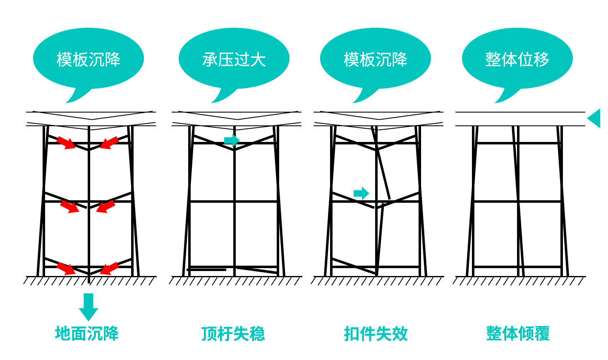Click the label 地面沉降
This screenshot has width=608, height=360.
(x=87, y=334)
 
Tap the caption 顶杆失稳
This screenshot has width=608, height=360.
(x=233, y=334)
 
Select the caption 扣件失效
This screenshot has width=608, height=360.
(x=376, y=334)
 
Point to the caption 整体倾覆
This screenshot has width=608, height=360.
(x=518, y=334)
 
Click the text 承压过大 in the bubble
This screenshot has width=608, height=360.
(x=234, y=60)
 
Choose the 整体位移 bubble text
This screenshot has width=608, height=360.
(x=517, y=60)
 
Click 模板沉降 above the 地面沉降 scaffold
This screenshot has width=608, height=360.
(x=89, y=60)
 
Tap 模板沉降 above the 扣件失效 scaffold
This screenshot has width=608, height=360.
(x=376, y=60)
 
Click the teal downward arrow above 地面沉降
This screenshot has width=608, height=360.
(x=89, y=307)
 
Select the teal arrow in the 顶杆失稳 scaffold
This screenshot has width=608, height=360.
(x=232, y=140)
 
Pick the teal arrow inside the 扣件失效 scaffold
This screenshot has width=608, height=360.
(x=361, y=193)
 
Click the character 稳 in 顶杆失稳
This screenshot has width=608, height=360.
(x=257, y=334)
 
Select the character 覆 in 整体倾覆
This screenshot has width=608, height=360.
(x=542, y=334)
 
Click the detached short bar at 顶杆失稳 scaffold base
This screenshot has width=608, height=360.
(x=206, y=270)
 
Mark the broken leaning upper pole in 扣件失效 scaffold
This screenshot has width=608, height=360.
(x=381, y=163)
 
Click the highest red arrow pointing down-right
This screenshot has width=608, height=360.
(x=66, y=143)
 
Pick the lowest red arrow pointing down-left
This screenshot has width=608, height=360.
(x=109, y=269)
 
